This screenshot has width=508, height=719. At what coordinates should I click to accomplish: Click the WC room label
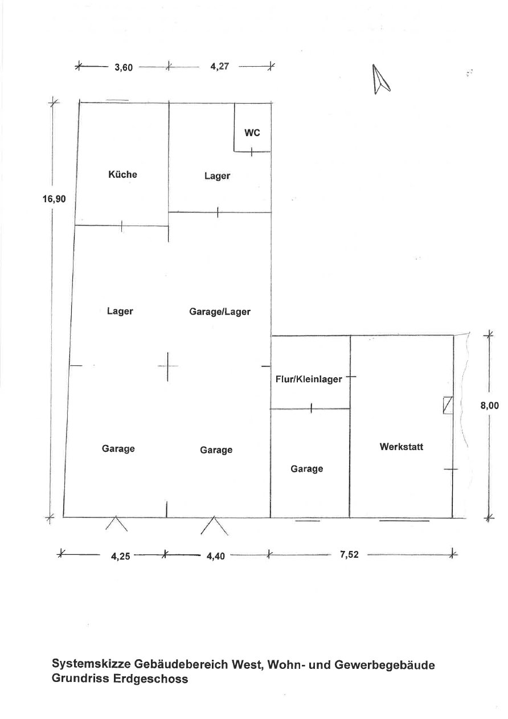(x=252, y=133)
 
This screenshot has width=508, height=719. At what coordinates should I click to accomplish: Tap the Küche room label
(x=122, y=174)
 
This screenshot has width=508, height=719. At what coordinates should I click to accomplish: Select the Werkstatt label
(x=401, y=447)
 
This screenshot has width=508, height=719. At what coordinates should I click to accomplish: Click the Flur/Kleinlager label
(x=309, y=379)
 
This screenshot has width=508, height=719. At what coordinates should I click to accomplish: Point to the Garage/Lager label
(x=220, y=312)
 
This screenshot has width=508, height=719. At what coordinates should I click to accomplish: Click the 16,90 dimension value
(x=54, y=199)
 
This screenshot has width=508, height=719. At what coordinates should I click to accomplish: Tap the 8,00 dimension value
(x=489, y=406)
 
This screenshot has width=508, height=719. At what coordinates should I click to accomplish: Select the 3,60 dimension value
(x=124, y=68)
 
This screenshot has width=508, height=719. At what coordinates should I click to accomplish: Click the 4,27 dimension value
(x=219, y=66)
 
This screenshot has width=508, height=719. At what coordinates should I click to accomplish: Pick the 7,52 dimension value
(x=349, y=554)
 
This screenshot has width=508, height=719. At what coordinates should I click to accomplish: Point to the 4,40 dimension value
(x=216, y=555)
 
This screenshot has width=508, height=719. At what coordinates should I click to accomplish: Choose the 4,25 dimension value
(x=121, y=555)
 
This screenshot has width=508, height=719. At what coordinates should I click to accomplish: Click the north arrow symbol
(x=380, y=79)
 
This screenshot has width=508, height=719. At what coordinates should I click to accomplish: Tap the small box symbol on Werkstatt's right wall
(x=448, y=405)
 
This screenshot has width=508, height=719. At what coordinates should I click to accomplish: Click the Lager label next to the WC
(x=217, y=176)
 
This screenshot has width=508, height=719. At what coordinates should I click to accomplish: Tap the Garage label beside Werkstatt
(x=307, y=469)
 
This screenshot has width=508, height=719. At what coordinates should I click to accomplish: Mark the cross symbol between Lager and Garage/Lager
(x=167, y=366)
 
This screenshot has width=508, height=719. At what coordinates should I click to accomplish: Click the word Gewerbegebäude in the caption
(x=384, y=664)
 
